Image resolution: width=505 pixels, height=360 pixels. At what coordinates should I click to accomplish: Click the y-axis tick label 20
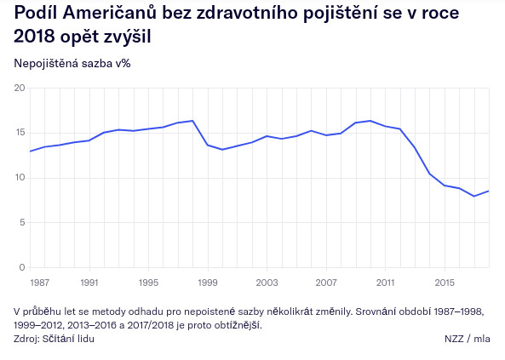point(20,88)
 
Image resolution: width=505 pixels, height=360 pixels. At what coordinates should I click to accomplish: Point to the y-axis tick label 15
point(20,133)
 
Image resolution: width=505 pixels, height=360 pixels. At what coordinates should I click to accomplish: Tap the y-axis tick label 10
point(20,178)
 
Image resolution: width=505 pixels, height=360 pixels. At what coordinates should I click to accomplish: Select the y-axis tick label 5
point(22,222)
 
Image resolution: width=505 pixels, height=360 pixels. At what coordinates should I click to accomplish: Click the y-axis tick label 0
point(22,267)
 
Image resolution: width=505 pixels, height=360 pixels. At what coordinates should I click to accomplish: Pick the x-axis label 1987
point(40,283)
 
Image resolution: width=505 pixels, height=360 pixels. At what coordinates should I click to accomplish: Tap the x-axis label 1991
point(89,283)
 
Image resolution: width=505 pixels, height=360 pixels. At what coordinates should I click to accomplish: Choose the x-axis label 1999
point(208,283)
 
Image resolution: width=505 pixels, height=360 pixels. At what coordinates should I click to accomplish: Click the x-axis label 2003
point(267,283)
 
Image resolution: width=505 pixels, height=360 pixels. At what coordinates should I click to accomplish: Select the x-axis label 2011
point(385,283)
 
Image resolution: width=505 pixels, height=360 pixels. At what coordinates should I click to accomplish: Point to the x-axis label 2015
point(445,283)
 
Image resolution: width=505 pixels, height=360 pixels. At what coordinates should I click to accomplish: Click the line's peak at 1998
point(192,121)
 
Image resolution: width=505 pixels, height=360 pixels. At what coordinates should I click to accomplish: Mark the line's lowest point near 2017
point(474,196)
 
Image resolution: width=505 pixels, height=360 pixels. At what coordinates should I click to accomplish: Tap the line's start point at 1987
point(30,151)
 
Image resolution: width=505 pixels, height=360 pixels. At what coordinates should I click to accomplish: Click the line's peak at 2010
point(370,121)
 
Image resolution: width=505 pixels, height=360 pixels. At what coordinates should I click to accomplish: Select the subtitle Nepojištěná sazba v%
point(72,64)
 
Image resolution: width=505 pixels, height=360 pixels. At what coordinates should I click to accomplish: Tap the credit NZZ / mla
point(468,339)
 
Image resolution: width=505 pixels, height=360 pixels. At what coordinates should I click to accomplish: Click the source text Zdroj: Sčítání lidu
point(55,339)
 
